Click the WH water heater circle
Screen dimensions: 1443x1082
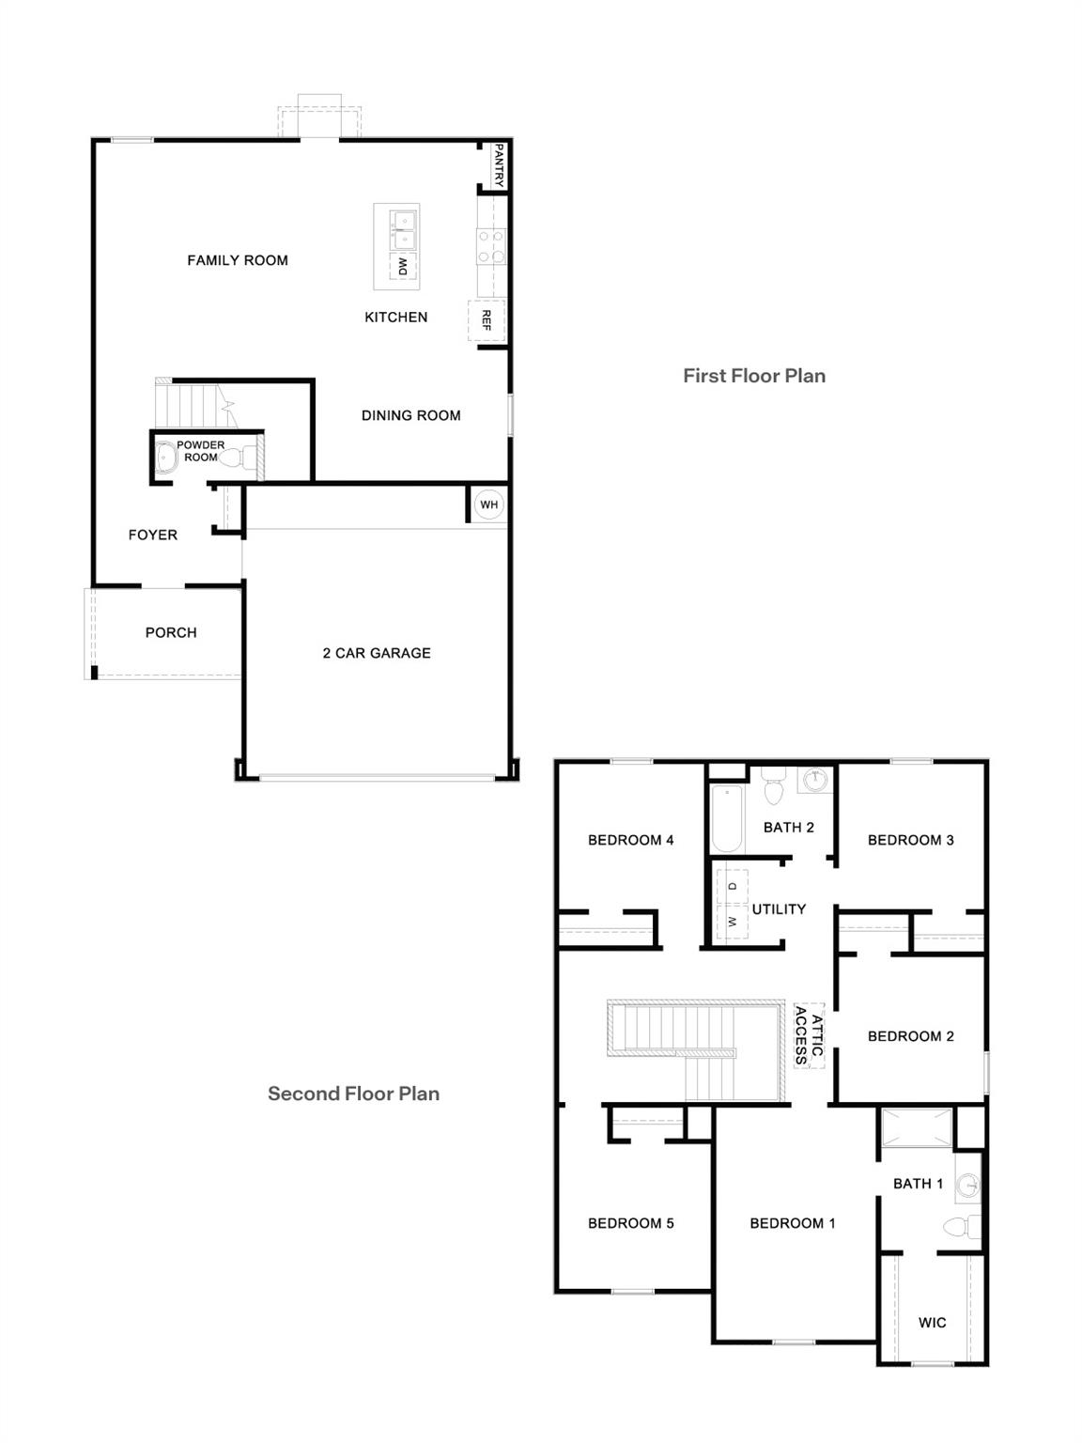[x=488, y=504]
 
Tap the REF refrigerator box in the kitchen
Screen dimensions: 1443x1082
[x=487, y=320]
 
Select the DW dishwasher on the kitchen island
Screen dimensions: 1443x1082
[x=403, y=266]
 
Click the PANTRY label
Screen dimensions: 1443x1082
[x=499, y=165]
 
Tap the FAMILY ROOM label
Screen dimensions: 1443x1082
[x=238, y=260]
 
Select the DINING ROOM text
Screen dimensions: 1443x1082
[x=410, y=415]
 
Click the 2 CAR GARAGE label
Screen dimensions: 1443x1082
[x=377, y=653]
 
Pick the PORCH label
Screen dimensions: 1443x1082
[x=171, y=632]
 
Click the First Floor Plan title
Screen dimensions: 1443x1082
[x=754, y=376]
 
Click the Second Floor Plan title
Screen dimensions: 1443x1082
[x=353, y=1094]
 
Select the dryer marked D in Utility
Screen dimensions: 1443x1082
[x=733, y=886]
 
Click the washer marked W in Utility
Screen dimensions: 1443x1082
[x=733, y=922]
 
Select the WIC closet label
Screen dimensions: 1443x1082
[x=932, y=1323]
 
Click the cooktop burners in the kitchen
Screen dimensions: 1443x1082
[x=490, y=246]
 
